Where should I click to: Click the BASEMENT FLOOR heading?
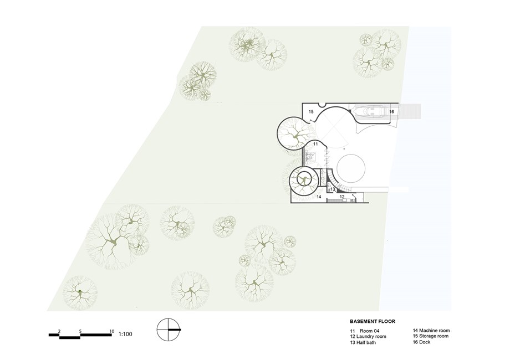point(373,321)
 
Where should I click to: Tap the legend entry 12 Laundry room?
point(368,337)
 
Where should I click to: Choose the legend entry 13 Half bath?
point(363,342)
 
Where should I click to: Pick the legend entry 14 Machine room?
point(431,331)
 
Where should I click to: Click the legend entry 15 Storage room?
point(431,336)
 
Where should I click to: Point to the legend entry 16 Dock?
point(421,342)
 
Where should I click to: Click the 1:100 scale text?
point(125,334)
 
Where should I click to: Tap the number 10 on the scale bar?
point(112,331)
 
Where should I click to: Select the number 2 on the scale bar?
point(59,331)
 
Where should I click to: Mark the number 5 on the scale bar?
point(80,331)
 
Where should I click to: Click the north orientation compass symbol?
point(169,330)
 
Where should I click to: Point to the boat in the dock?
point(370,112)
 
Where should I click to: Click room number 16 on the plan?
point(391,112)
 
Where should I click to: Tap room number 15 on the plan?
point(311,112)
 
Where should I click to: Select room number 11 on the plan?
point(315,143)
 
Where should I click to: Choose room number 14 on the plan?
point(319,197)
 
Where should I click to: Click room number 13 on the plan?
point(333,189)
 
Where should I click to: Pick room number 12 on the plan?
point(342,197)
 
